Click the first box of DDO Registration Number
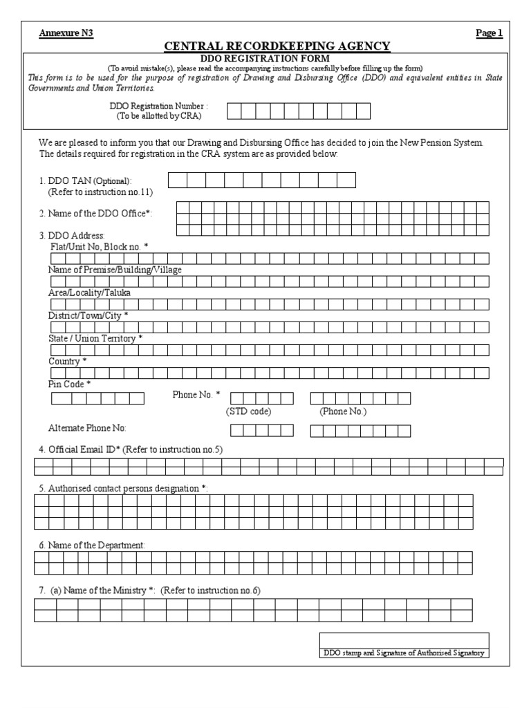(235, 111)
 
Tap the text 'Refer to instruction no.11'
(100, 192)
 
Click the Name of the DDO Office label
(95, 214)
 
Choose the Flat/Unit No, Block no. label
(99, 246)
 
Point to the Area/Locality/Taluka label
(89, 292)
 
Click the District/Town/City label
(88, 315)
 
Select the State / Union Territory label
(95, 338)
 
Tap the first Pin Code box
(59, 398)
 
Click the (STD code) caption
(248, 411)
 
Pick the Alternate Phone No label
(87, 429)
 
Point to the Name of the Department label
(92, 545)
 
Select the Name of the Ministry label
(105, 590)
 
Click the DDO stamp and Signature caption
(404, 653)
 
